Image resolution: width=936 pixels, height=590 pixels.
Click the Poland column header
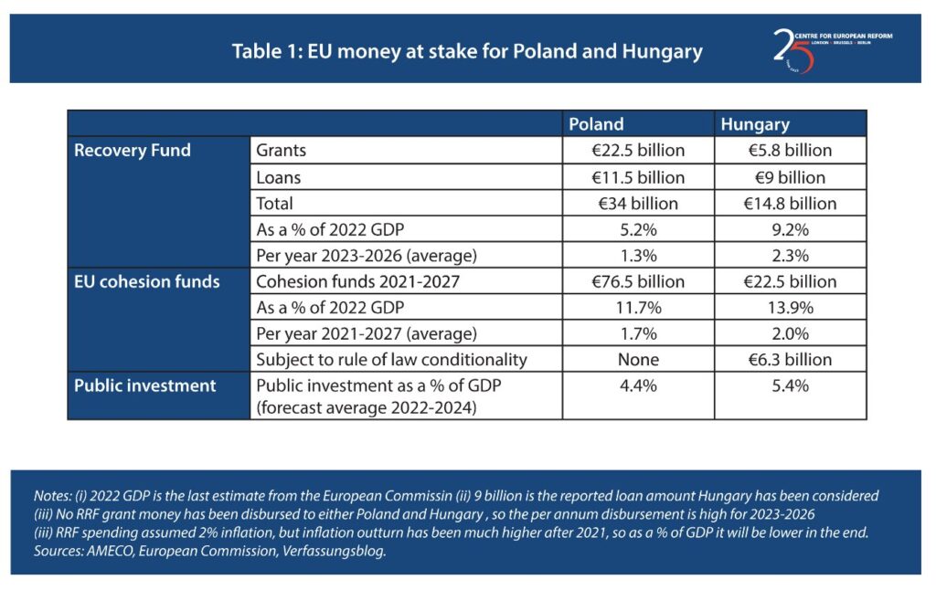click(596, 124)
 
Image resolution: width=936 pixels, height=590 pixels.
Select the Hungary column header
click(755, 124)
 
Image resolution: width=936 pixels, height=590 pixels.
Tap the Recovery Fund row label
click(133, 151)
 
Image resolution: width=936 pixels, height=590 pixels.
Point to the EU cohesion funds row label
click(147, 281)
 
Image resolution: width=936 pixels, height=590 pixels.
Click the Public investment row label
click(145, 385)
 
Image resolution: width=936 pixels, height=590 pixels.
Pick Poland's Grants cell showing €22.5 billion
click(638, 151)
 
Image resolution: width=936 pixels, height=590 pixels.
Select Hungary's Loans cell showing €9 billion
click(790, 177)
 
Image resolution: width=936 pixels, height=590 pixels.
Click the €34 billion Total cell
click(638, 203)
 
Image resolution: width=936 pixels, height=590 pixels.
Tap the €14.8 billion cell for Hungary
click(790, 203)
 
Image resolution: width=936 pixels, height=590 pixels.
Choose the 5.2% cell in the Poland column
click(638, 229)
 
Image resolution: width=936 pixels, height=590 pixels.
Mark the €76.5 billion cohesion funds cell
click(638, 281)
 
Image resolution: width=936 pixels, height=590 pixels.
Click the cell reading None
click(638, 359)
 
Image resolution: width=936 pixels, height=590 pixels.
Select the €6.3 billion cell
click(790, 359)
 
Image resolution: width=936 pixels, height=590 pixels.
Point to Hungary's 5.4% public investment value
click(790, 385)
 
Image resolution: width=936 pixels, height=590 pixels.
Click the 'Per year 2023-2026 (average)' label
click(367, 255)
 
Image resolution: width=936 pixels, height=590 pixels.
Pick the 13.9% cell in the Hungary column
click(790, 307)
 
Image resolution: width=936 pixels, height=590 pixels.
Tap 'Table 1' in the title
click(266, 51)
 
